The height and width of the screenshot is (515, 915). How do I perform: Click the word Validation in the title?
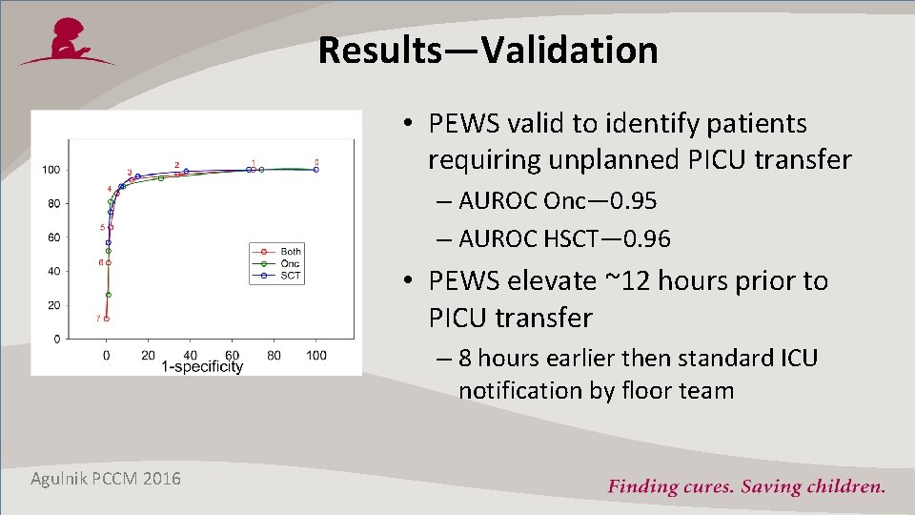click(x=570, y=50)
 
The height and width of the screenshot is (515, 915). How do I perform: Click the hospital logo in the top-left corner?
click(x=68, y=43)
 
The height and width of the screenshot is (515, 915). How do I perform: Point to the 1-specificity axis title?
click(x=201, y=367)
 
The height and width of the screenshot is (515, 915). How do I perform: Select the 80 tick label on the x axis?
click(x=274, y=355)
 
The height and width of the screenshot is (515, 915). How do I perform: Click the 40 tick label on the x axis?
click(x=190, y=355)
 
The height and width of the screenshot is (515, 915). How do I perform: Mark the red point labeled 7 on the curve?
click(x=106, y=319)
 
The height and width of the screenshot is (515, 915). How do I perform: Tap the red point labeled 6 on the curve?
click(x=108, y=262)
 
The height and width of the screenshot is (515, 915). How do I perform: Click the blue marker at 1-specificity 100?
click(x=315, y=170)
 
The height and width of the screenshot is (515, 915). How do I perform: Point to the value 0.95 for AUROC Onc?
click(x=635, y=201)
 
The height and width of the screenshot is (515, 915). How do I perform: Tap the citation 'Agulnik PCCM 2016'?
click(x=106, y=478)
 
